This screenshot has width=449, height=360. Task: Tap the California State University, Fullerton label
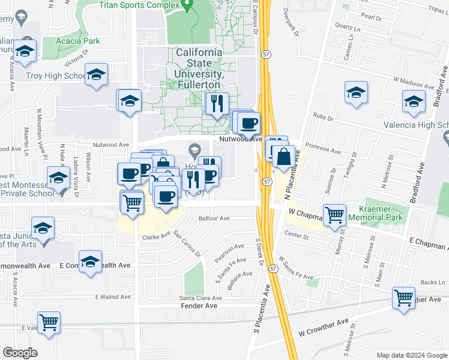199,68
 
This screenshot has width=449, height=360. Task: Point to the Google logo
20,353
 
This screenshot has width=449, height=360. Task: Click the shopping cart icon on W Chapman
334,214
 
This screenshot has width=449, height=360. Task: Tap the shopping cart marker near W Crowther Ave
403,297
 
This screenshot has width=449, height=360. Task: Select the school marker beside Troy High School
96,75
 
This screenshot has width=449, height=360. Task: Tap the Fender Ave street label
199,306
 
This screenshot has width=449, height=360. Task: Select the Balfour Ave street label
214,219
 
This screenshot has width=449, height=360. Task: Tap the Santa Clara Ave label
201,298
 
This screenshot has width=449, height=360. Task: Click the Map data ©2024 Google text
411,355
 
